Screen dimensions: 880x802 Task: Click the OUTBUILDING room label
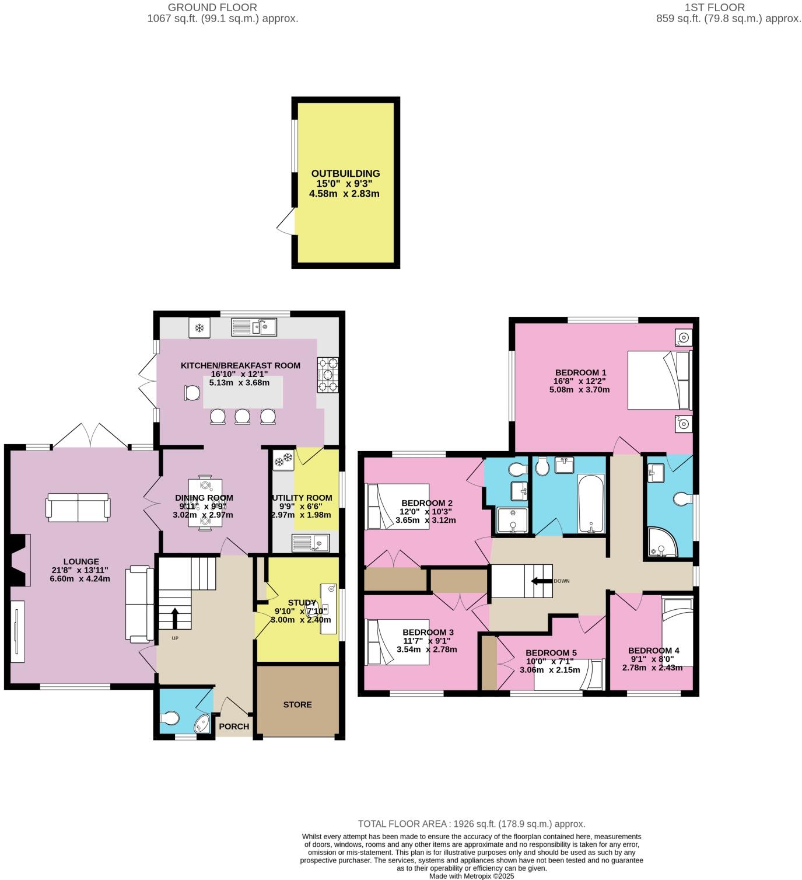[x=345, y=173]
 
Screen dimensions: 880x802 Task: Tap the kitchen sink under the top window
[x=254, y=327]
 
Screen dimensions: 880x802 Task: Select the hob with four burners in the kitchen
[x=328, y=375]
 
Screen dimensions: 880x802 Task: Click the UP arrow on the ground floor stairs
[x=174, y=617]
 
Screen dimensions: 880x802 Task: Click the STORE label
[x=297, y=704]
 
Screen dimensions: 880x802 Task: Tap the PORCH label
[x=234, y=727]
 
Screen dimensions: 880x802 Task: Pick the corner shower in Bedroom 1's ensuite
[x=661, y=542]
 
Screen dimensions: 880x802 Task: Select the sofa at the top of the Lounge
[x=78, y=507]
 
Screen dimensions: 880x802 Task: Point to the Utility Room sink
[x=311, y=543]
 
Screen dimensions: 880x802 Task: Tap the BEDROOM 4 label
[x=653, y=650]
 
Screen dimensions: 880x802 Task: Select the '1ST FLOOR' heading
[x=724, y=8]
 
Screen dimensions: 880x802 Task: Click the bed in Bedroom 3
[x=397, y=642]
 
